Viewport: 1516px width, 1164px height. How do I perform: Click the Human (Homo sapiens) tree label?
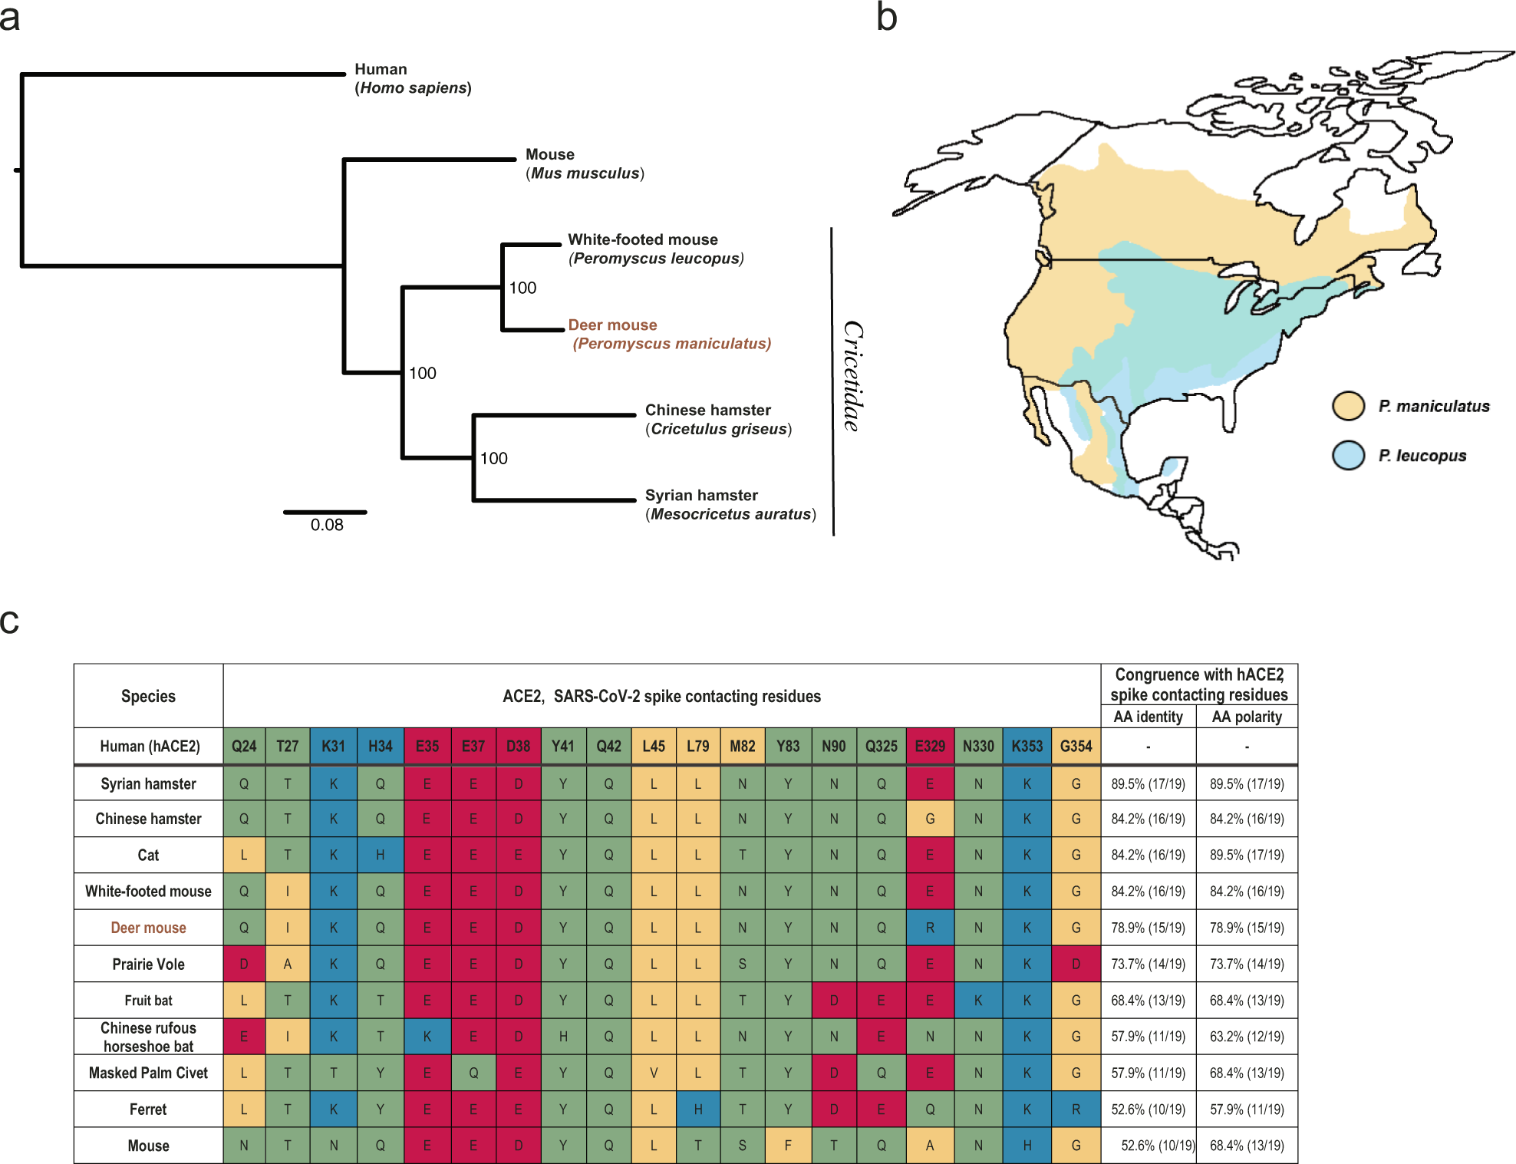coord(412,78)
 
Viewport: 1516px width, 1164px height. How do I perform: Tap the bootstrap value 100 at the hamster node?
coord(493,459)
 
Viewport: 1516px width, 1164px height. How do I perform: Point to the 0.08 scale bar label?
coord(327,526)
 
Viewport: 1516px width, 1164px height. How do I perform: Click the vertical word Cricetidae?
coord(852,376)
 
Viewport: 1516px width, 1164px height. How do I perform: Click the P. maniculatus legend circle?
coord(1348,406)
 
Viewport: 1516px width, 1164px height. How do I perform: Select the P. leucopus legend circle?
coord(1348,455)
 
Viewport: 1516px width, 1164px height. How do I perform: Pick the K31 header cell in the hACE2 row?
coord(333,746)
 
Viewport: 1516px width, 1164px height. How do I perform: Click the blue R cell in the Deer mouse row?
coord(929,928)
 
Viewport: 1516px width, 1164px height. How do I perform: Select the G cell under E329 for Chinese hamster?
coord(929,819)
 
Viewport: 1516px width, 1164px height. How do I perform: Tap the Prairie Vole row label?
coord(148,965)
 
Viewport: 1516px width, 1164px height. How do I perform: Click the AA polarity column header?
coord(1247,717)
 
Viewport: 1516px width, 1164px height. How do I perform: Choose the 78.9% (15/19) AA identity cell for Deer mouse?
coord(1148,928)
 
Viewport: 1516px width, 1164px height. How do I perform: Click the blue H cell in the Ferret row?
coord(697,1110)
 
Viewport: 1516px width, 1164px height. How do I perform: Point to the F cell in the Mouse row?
coord(787,1146)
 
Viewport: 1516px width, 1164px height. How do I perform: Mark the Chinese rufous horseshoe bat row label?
coord(148,1037)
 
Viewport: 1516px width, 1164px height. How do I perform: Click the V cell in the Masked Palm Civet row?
coord(653,1073)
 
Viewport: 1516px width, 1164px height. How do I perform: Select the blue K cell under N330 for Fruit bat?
coord(977,1001)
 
